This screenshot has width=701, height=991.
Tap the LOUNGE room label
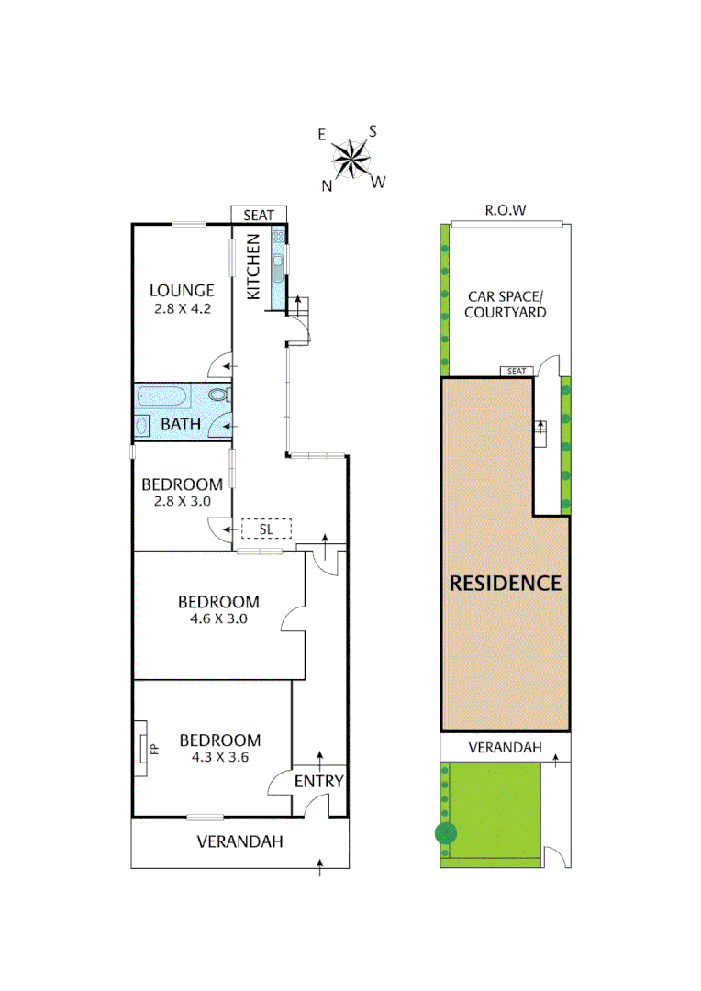click(x=182, y=291)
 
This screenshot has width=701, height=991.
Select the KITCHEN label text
click(x=254, y=266)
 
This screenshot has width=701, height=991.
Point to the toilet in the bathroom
click(x=218, y=395)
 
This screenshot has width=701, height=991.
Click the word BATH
click(x=181, y=425)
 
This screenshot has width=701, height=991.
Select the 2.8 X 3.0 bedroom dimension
click(x=181, y=501)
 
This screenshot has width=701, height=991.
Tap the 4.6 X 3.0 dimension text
click(x=218, y=618)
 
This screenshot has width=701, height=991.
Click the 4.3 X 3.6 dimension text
click(x=220, y=757)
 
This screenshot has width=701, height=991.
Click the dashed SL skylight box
click(x=266, y=529)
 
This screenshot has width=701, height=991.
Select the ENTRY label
click(x=319, y=782)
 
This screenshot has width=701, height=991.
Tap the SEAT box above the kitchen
click(x=259, y=214)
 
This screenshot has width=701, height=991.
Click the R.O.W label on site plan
click(x=506, y=211)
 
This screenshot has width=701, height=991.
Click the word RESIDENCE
click(x=505, y=583)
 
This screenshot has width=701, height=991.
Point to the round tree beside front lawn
click(x=446, y=833)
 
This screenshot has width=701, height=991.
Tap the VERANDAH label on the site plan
click(x=500, y=748)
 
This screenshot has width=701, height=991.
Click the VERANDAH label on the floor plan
click(x=240, y=841)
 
